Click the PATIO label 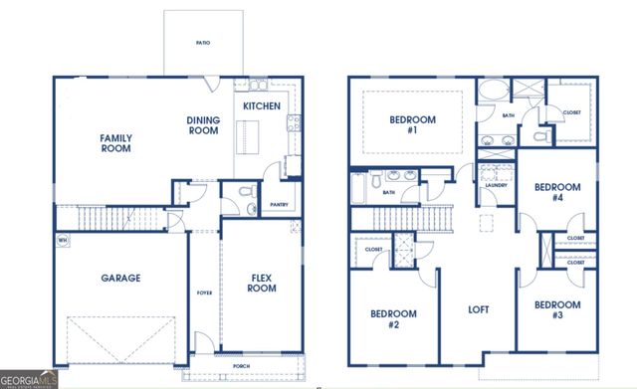203,44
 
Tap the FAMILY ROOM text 116,143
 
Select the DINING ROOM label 203,125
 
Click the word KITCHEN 262,105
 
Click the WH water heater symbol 62,239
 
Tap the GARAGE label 120,279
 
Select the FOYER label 205,292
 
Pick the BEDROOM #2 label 392,318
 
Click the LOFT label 479,309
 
